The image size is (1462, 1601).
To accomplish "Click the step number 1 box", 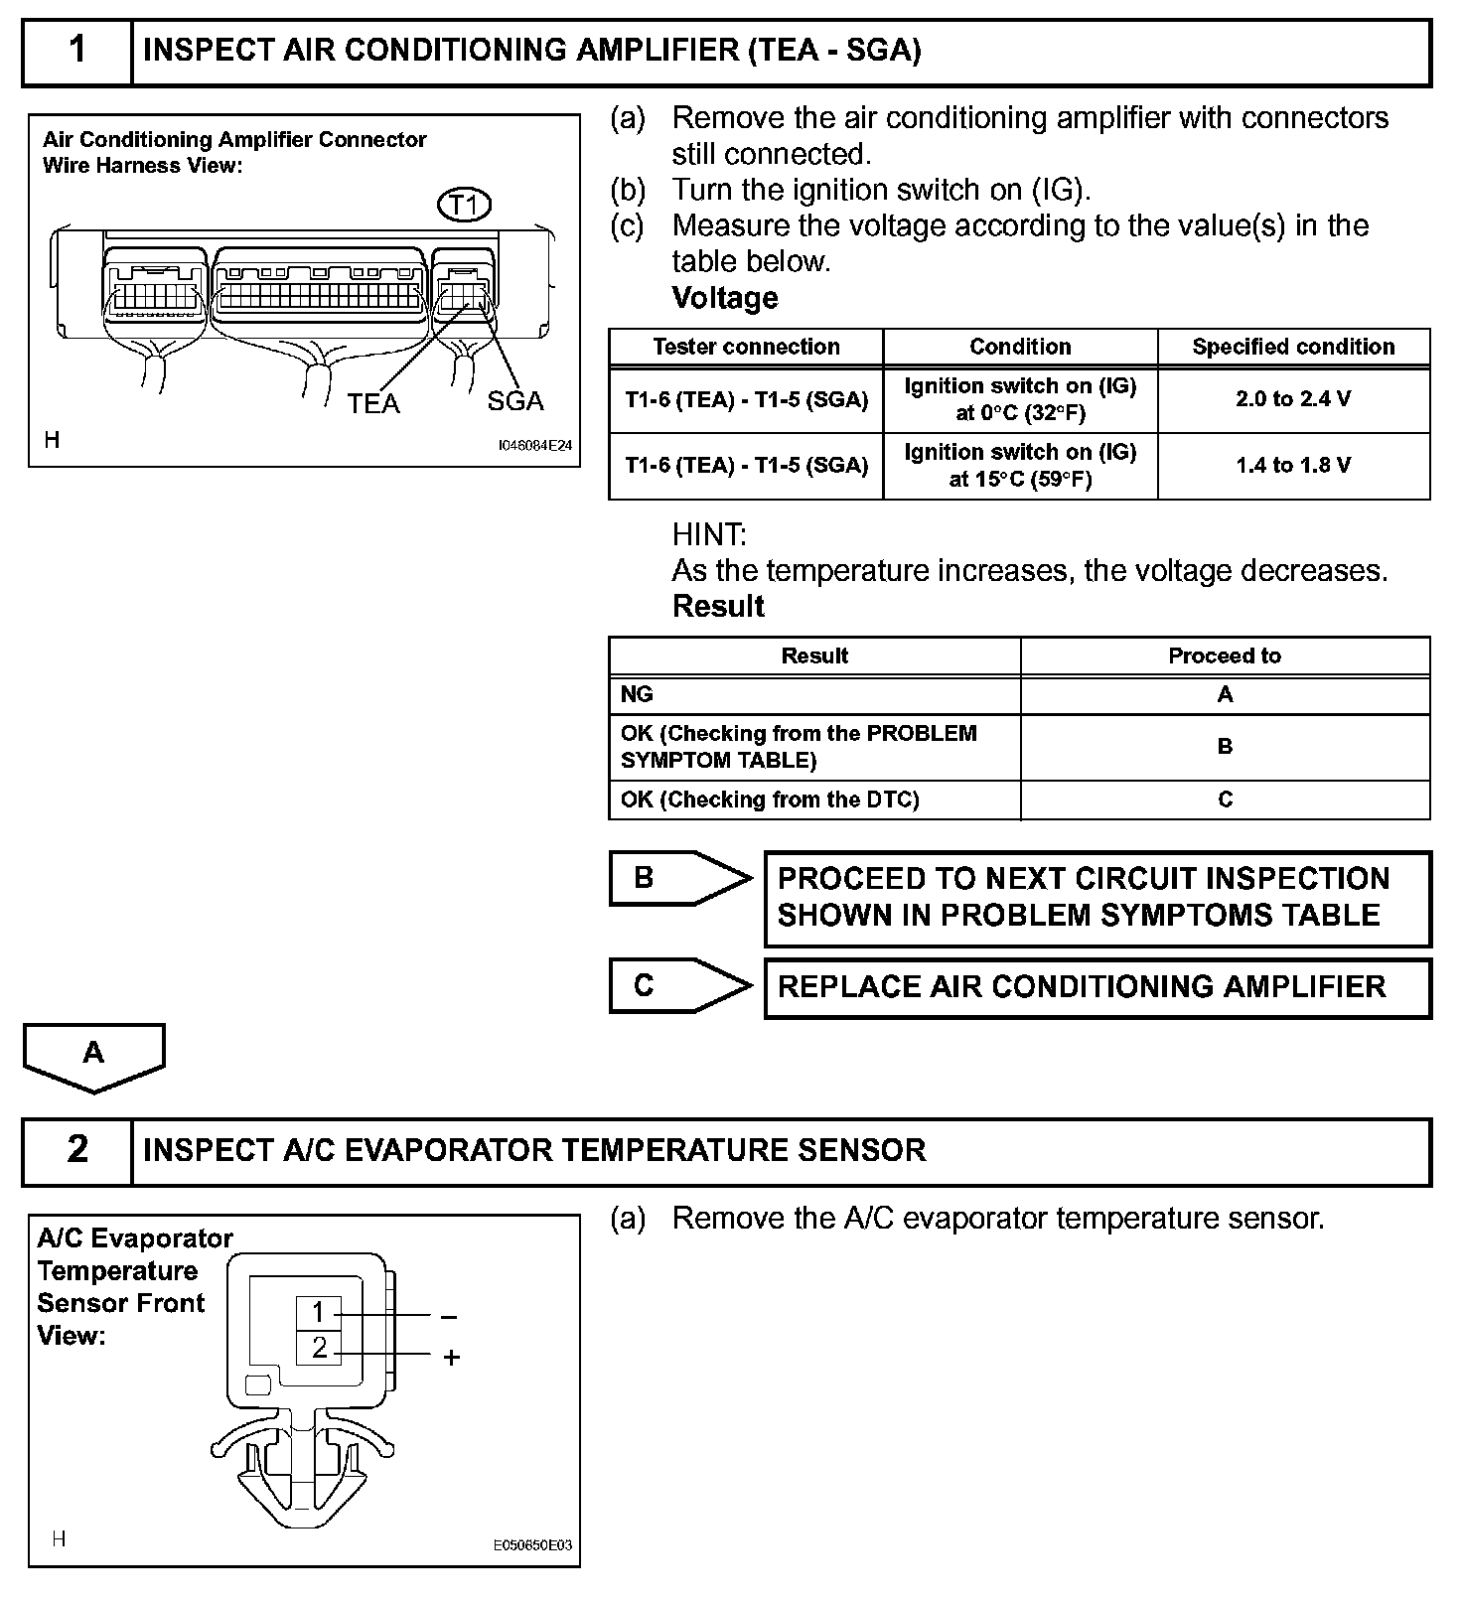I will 77,51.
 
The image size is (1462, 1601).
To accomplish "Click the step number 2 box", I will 77,1150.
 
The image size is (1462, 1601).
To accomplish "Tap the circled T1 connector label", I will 464,206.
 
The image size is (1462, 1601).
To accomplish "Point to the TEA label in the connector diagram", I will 373,403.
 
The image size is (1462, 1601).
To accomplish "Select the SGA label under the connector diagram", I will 515,401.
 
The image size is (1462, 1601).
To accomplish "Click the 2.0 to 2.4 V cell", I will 1293,399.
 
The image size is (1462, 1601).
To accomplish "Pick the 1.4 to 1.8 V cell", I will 1293,466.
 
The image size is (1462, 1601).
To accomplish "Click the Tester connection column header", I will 746,347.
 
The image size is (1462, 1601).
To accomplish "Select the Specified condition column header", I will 1293,347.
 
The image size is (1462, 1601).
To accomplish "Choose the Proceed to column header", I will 1225,655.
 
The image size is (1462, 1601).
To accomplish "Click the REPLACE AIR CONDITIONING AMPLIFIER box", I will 1096,987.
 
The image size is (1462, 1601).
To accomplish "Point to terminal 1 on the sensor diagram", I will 319,1313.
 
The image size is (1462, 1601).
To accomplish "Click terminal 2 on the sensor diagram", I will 319,1348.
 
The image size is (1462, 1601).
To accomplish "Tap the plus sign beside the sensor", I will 452,1357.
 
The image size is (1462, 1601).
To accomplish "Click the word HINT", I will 709,535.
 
